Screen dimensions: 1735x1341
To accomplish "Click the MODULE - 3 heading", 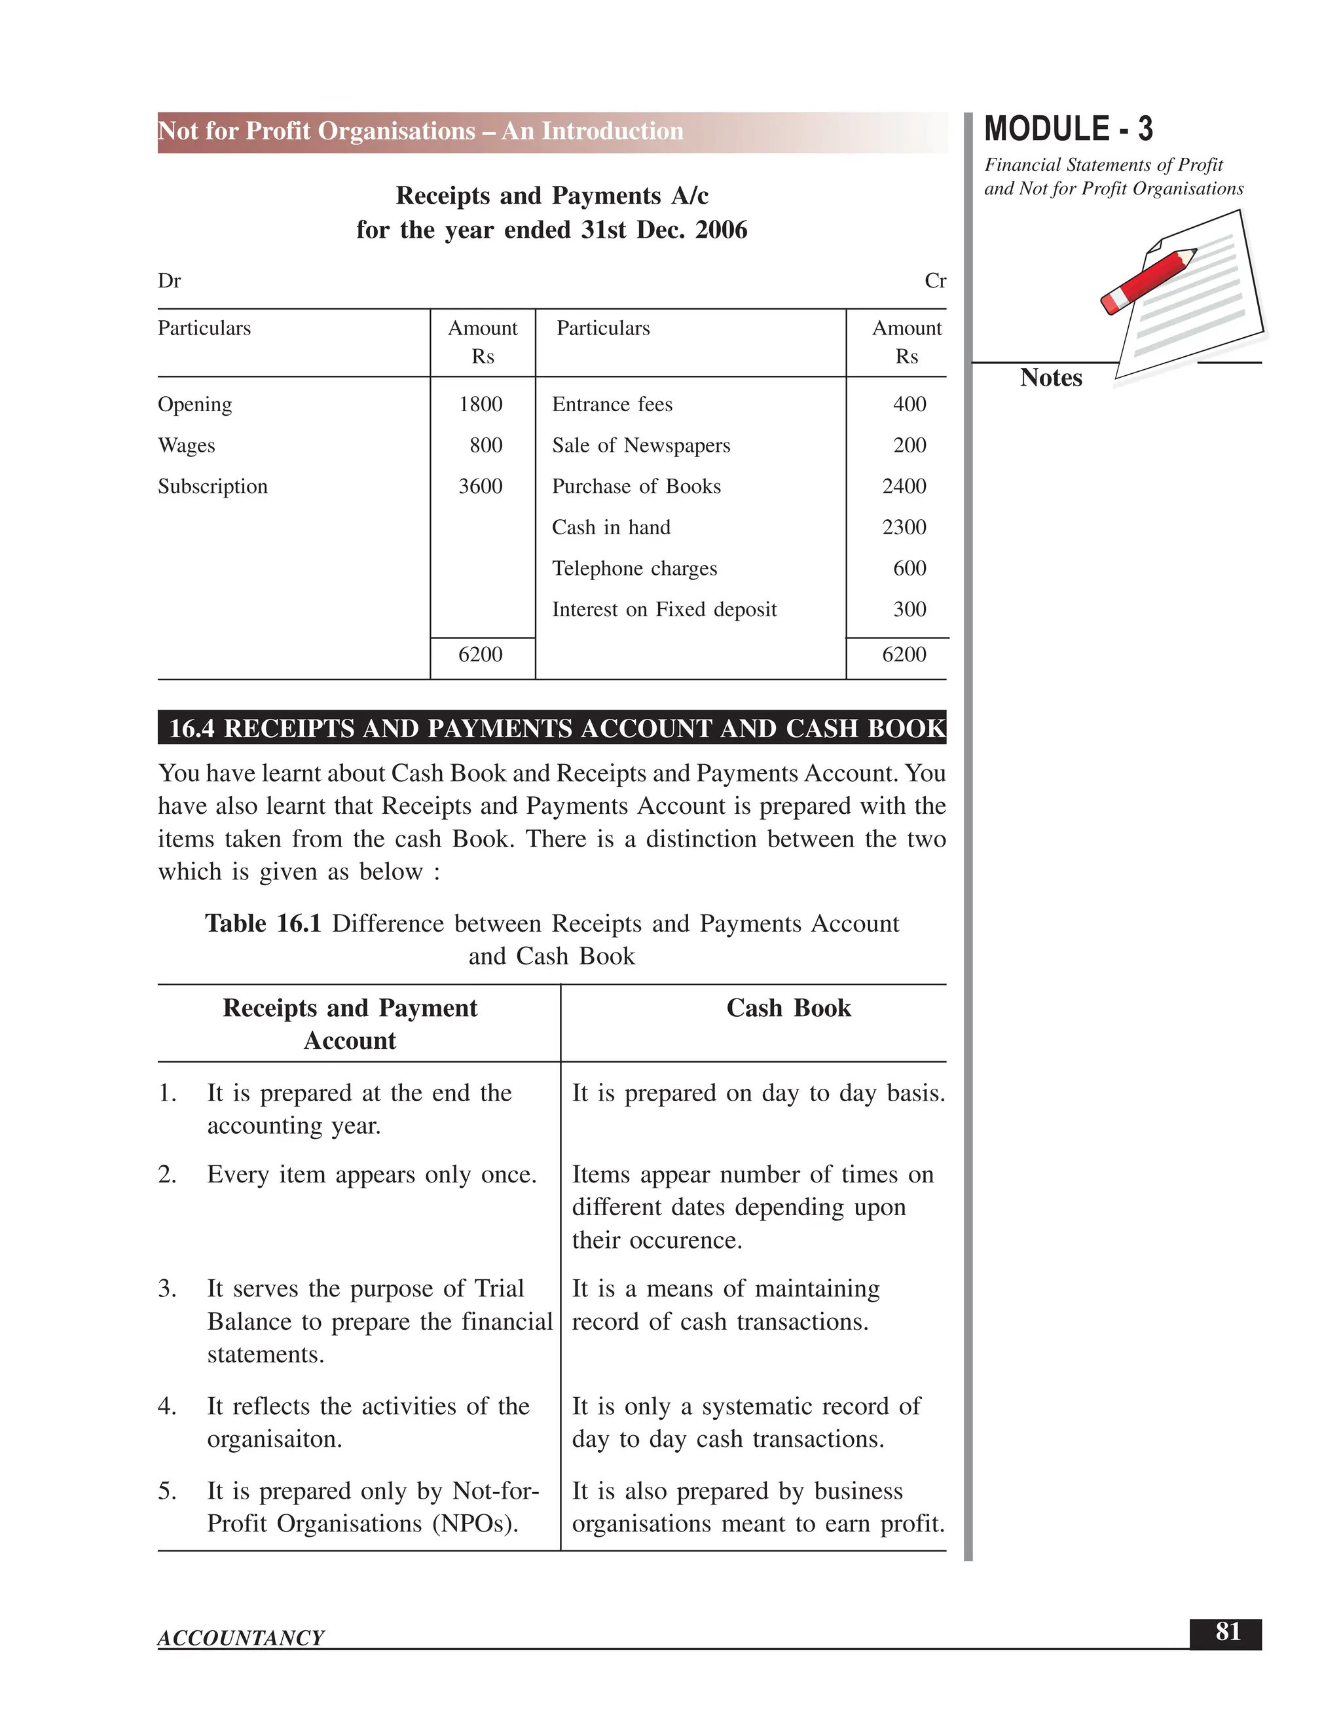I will click(1068, 130).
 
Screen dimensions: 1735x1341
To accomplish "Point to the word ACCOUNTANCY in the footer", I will click(241, 1637).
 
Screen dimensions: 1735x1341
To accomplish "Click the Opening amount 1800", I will click(481, 405).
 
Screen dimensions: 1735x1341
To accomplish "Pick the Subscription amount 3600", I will click(481, 486).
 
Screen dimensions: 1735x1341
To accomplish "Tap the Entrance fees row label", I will click(612, 405).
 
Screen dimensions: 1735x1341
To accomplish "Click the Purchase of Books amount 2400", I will click(904, 486).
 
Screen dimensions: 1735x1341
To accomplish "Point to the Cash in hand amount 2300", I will click(904, 528).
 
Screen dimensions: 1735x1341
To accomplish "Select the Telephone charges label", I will click(634, 569).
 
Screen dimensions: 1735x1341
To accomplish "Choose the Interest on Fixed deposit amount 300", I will click(909, 610).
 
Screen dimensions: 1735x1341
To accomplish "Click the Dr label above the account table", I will click(169, 282).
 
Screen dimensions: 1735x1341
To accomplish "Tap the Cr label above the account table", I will click(935, 282).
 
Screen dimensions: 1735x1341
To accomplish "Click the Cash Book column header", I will click(788, 1008).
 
